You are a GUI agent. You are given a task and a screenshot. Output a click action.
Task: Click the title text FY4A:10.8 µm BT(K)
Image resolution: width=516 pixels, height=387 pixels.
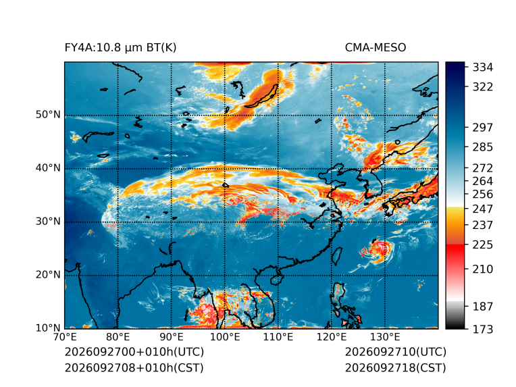(120, 48)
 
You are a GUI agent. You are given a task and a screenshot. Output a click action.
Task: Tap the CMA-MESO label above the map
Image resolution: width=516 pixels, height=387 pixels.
(375, 48)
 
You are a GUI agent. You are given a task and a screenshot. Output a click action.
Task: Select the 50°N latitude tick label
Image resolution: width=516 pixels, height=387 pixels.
(48, 115)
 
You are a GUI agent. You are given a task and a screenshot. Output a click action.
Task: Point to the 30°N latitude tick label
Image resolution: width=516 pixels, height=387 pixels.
(48, 221)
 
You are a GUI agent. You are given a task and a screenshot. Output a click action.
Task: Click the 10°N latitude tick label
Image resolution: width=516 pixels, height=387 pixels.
(48, 328)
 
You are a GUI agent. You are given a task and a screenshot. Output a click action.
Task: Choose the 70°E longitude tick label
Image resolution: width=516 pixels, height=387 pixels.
(65, 337)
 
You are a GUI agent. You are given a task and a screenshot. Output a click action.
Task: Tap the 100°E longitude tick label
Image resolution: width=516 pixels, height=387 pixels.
(225, 337)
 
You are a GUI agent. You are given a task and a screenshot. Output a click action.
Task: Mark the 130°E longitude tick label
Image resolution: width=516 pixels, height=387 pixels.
(385, 337)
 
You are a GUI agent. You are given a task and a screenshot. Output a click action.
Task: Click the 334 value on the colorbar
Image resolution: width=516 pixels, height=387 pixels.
(483, 68)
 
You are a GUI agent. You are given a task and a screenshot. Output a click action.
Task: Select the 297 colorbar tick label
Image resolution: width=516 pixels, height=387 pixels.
(483, 128)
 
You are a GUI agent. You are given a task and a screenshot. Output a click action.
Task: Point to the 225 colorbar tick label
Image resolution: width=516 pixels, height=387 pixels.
(483, 245)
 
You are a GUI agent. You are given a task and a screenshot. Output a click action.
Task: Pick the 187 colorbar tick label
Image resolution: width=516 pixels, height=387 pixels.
(483, 307)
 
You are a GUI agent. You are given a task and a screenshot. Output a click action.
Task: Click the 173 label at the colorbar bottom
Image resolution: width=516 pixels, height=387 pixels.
(483, 329)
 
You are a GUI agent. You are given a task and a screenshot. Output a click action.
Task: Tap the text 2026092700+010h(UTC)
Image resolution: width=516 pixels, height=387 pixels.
(134, 352)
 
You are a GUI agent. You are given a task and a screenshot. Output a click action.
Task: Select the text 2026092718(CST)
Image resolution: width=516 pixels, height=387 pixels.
(396, 368)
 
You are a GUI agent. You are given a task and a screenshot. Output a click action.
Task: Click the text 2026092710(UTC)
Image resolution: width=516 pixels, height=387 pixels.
(396, 352)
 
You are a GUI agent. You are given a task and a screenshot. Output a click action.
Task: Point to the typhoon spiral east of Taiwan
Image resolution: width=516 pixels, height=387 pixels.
(378, 250)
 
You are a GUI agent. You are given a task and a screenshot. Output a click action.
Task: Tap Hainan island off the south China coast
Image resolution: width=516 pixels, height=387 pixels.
(276, 280)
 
